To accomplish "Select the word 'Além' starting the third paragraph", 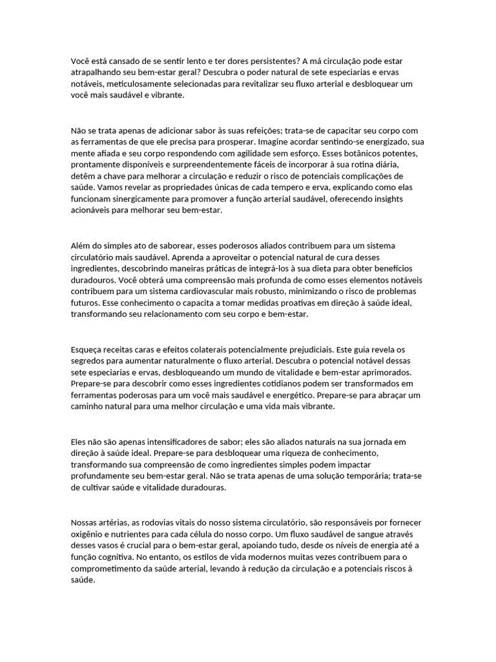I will click(80, 246).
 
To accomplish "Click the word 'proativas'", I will click(289, 304).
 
